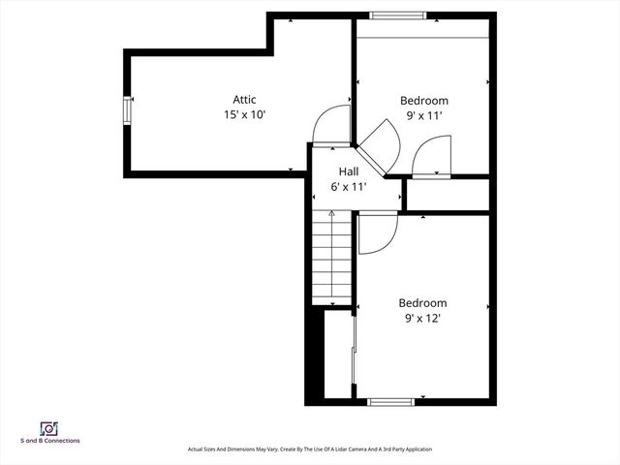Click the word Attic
coord(244,100)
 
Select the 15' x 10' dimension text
coord(244,114)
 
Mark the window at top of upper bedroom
coord(397,15)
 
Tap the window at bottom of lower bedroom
coord(391,401)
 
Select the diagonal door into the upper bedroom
coord(373,157)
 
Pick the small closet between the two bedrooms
coord(446,196)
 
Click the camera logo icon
coord(47,427)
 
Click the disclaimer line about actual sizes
coord(310,449)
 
